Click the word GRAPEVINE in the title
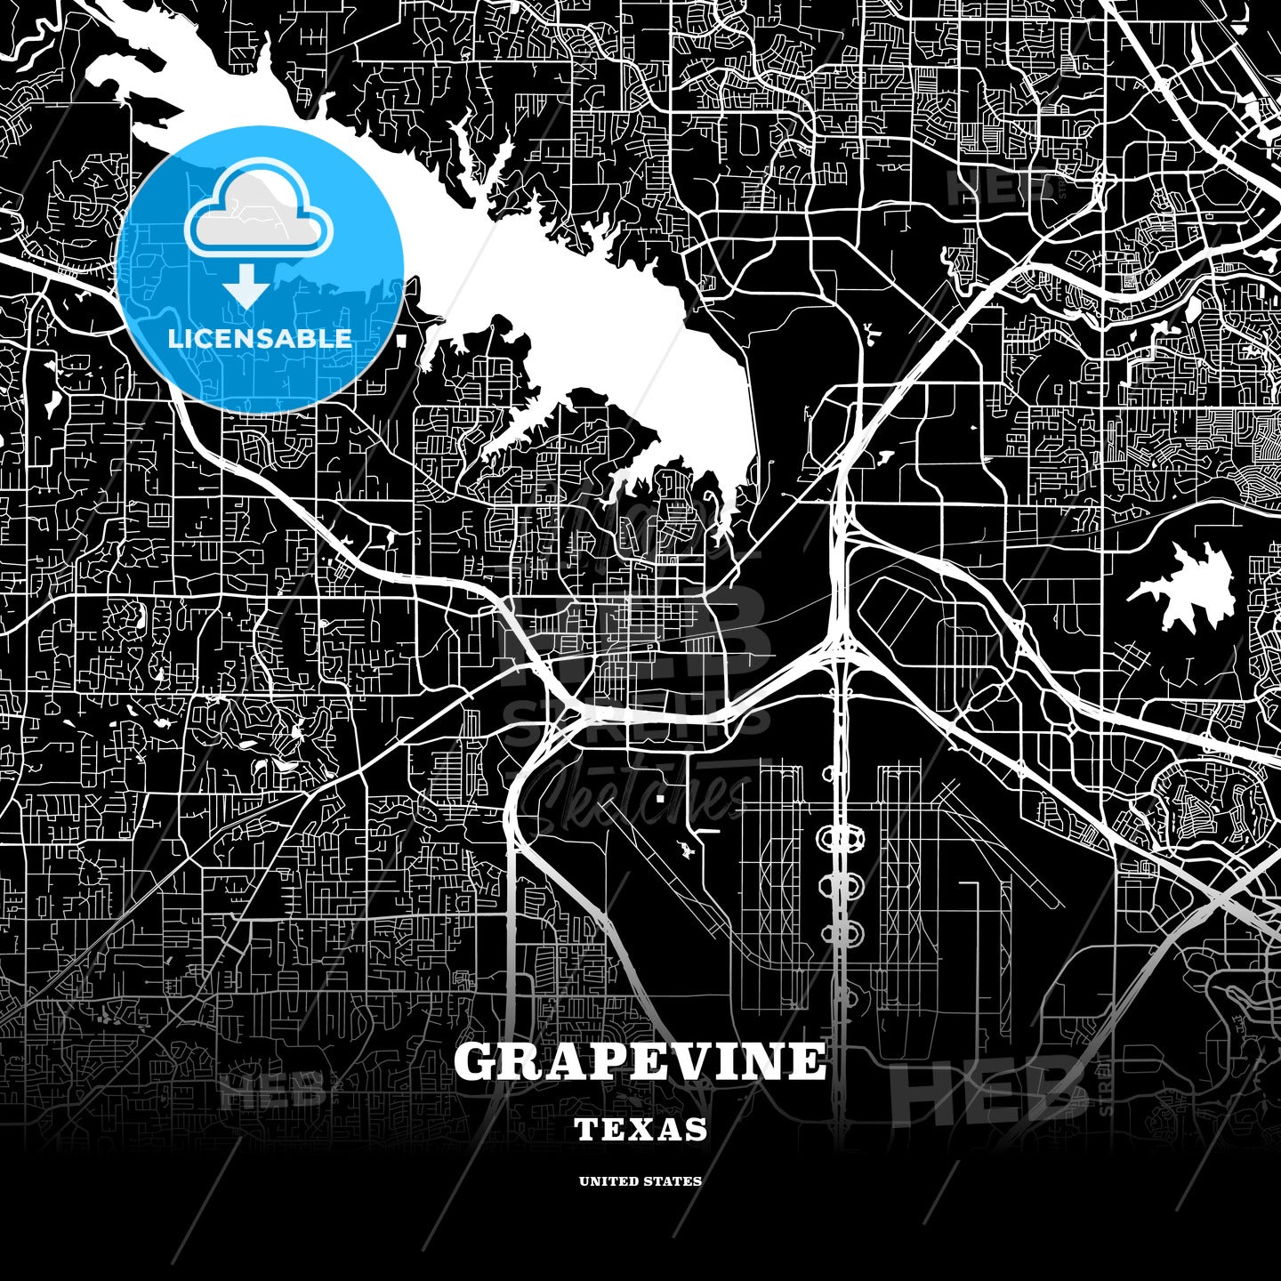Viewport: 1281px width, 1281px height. pos(640,1061)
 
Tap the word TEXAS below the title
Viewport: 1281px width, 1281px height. pos(640,1130)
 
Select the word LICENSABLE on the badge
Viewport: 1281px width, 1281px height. pos(260,338)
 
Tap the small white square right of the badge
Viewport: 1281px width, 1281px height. pos(400,340)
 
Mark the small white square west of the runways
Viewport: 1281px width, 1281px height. pos(659,799)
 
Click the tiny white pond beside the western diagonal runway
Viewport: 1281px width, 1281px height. pos(686,850)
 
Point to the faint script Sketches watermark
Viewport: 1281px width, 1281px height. pos(640,797)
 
